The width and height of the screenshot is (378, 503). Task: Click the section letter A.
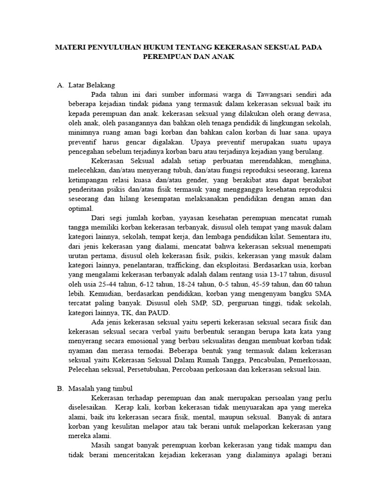61,84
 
